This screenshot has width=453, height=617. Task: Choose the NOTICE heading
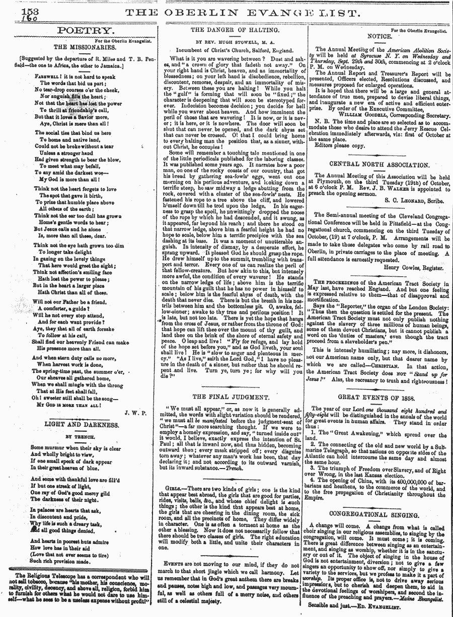pos(380,37)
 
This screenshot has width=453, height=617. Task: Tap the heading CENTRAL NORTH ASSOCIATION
pos(379,164)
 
